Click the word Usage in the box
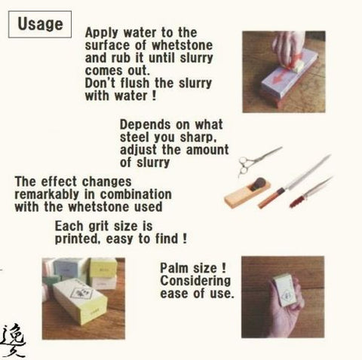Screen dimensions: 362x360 pos(40,24)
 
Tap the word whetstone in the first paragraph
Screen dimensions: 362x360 pos(183,45)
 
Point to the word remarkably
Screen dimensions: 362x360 pos(47,194)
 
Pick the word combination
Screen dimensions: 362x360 pos(136,194)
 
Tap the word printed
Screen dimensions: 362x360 pos(76,239)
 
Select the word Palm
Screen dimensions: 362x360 pos(174,268)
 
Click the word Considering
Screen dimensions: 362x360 pos(195,281)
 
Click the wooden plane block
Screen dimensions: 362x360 pos(247,192)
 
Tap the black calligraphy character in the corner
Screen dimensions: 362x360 pos(14,340)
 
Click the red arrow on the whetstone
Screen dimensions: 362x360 pos(281,76)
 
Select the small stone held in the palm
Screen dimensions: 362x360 pos(284,290)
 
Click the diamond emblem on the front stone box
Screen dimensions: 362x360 pos(81,292)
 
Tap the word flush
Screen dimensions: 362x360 pos(135,83)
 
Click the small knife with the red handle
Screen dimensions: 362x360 pos(311,192)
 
